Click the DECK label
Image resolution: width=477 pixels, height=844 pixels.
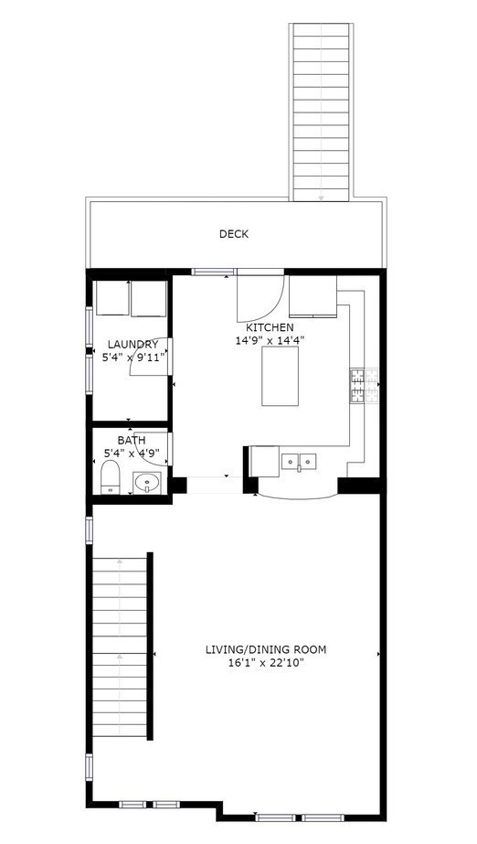[233, 234]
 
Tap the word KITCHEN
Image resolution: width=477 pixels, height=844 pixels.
[270, 326]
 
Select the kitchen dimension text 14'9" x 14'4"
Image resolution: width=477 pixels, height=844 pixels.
[270, 340]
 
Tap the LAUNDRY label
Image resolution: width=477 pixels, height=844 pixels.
[132, 345]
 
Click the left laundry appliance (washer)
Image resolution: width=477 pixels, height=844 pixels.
[111, 297]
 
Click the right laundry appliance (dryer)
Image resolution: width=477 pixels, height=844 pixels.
[148, 297]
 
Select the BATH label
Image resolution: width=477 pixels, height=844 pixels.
[131, 440]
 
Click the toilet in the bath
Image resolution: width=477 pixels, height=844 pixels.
[109, 476]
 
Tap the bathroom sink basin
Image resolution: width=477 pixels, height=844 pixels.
[146, 481]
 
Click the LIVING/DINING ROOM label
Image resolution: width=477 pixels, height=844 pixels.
[265, 650]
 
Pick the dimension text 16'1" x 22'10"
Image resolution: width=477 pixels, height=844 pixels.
[265, 663]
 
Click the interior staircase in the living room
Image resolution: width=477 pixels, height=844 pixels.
[120, 646]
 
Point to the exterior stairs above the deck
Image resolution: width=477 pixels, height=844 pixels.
[321, 110]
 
